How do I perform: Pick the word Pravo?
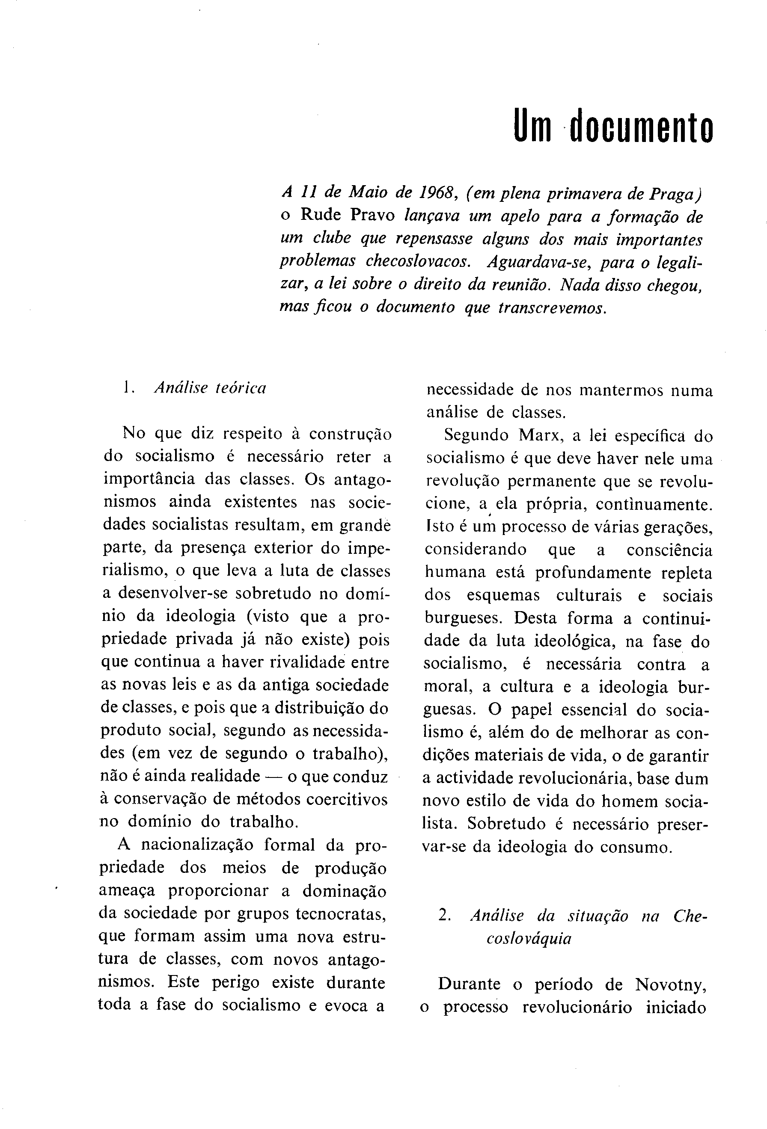tap(373, 215)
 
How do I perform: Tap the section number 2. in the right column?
tap(445, 916)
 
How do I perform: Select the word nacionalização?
tap(197, 846)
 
